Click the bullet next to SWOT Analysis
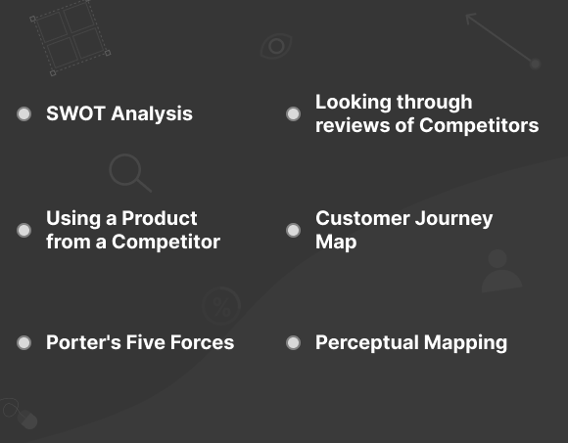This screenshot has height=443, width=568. [24, 113]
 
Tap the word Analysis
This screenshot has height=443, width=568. [152, 114]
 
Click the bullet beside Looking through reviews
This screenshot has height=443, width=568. [293, 113]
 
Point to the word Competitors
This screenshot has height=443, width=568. [479, 126]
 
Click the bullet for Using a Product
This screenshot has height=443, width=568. [24, 230]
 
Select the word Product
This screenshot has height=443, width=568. [160, 218]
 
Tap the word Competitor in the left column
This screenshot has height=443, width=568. [166, 242]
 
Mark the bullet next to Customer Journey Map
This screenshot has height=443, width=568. [293, 230]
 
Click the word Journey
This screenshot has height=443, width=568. [453, 219]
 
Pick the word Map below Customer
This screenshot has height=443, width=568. [336, 243]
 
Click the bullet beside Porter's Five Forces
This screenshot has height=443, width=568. [24, 342]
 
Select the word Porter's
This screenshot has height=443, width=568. [83, 342]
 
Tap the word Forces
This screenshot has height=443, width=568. [202, 342]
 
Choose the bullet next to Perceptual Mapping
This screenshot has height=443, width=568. [293, 342]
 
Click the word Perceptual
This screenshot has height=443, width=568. [367, 343]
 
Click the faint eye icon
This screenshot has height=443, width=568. [276, 46]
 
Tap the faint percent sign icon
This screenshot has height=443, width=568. [221, 306]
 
